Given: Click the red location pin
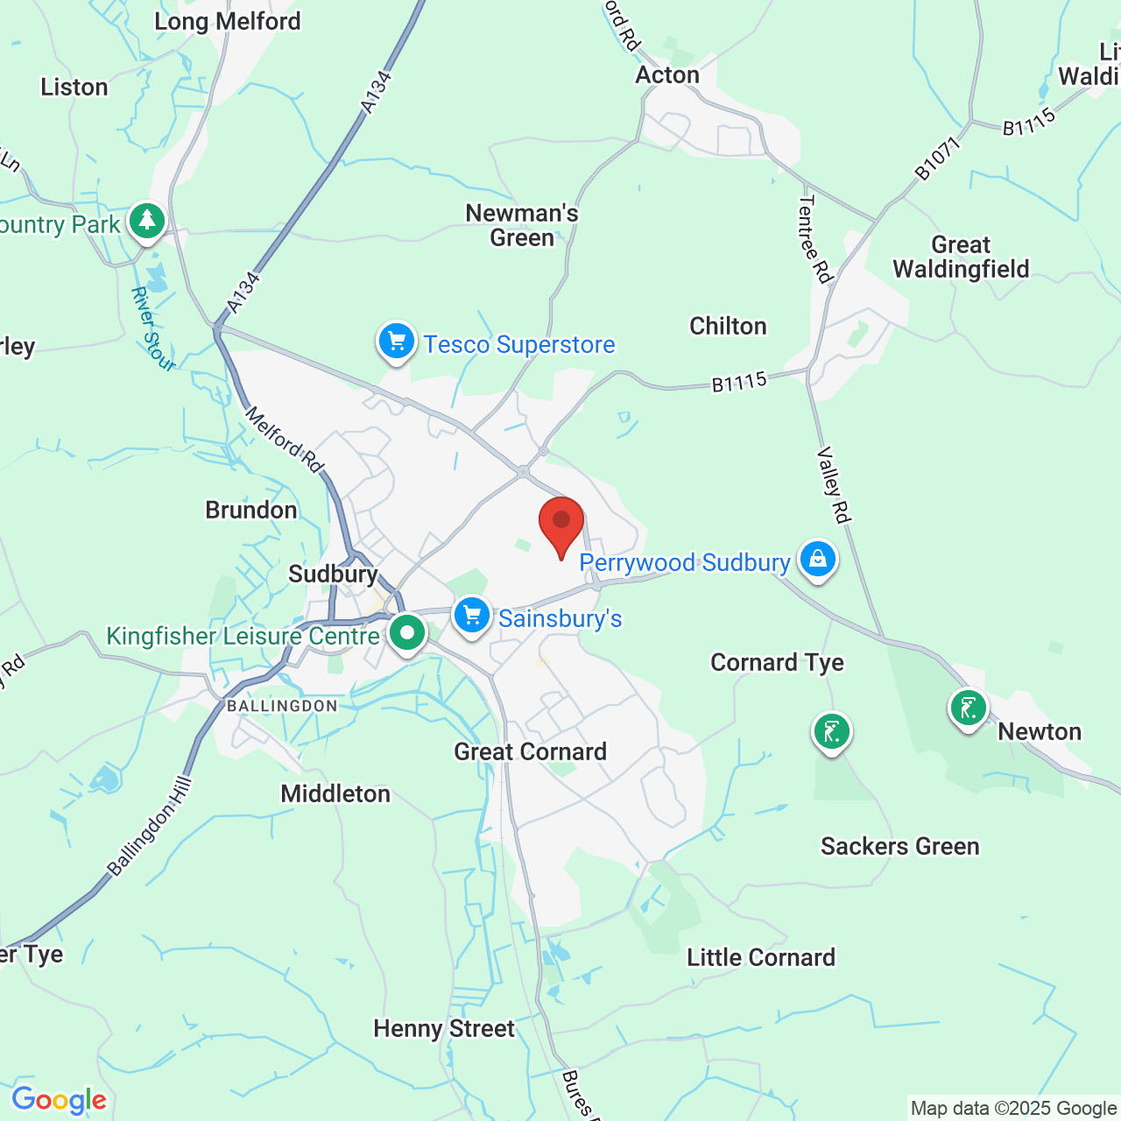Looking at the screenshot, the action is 561,523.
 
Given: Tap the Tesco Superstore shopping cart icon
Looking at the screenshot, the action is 396,342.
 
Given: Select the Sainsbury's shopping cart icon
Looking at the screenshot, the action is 472,616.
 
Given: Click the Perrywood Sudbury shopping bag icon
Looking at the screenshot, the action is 817,559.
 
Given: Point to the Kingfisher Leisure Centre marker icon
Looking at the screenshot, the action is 406,632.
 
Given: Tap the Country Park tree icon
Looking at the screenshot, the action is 147,221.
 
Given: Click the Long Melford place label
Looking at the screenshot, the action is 227,21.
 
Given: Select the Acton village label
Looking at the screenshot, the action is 667,75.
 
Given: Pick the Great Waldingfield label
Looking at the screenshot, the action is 961,257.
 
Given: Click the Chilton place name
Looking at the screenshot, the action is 728,326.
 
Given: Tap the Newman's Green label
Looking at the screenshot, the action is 522,225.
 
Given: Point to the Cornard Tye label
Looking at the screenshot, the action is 777,662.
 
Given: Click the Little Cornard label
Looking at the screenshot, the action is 760,957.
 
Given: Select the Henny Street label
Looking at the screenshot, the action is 444,1028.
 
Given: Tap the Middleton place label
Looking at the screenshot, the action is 335,793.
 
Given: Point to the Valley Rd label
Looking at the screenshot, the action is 834,485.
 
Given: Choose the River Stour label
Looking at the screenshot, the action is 152,328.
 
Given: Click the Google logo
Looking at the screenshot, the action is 59,1100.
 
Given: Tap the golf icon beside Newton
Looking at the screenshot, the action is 968,707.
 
